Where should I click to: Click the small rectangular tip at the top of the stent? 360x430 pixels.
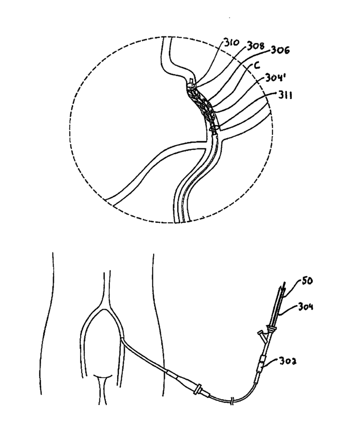pos(191,81)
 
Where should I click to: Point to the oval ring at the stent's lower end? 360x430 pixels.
pos(213,127)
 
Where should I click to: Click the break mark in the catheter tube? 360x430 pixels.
pos(232,401)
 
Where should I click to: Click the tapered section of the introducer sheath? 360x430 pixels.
pos(175,375)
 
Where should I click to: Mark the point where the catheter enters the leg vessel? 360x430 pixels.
pos(122,339)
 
